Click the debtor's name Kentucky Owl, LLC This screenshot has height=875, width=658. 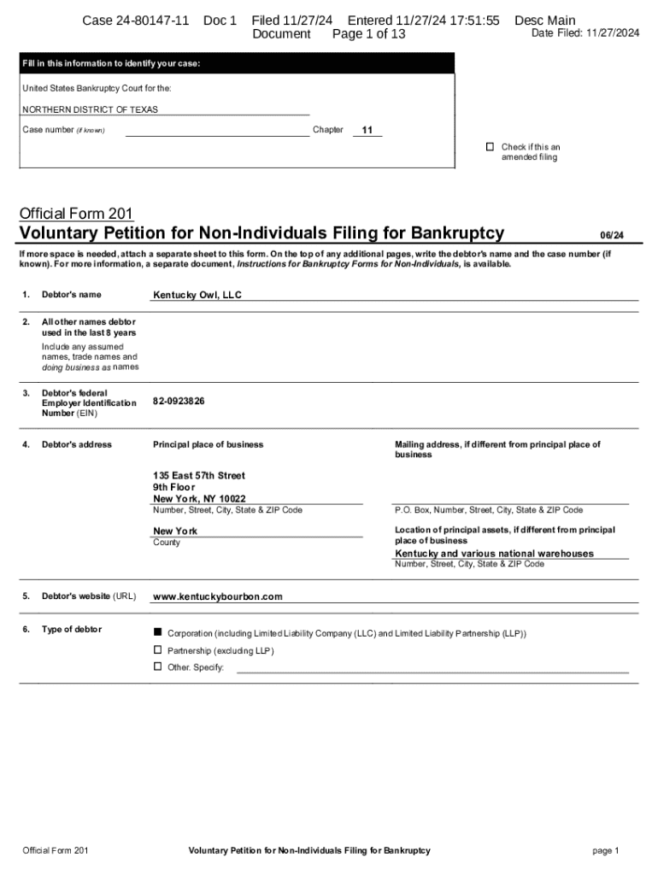197,295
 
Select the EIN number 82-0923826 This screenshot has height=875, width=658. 179,401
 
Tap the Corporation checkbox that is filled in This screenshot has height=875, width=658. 157,632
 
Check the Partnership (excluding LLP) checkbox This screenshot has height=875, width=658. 157,649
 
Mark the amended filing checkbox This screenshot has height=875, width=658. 490,147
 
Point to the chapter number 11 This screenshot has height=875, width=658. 367,131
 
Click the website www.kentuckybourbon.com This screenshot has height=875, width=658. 217,596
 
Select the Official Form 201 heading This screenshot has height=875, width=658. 76,213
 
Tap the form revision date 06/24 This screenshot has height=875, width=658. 611,235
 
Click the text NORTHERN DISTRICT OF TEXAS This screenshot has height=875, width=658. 90,110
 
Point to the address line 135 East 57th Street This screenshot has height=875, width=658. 199,475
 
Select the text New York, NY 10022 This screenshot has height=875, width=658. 199,499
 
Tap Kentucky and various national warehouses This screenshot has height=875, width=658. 494,554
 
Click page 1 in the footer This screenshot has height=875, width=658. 605,850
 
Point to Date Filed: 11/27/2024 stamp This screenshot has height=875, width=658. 585,33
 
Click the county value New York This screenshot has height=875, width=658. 175,531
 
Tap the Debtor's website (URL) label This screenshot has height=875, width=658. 89,596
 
